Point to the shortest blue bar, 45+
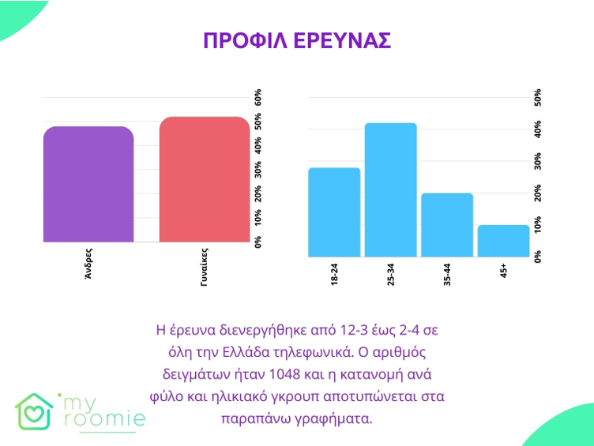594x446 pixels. pos(503,240)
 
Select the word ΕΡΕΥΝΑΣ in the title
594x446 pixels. pos(344,41)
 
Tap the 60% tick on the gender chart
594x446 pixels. pos(258,98)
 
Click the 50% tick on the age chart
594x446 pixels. pos(538,96)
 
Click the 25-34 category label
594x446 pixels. pos(390,273)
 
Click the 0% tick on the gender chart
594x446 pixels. pos(258,242)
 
